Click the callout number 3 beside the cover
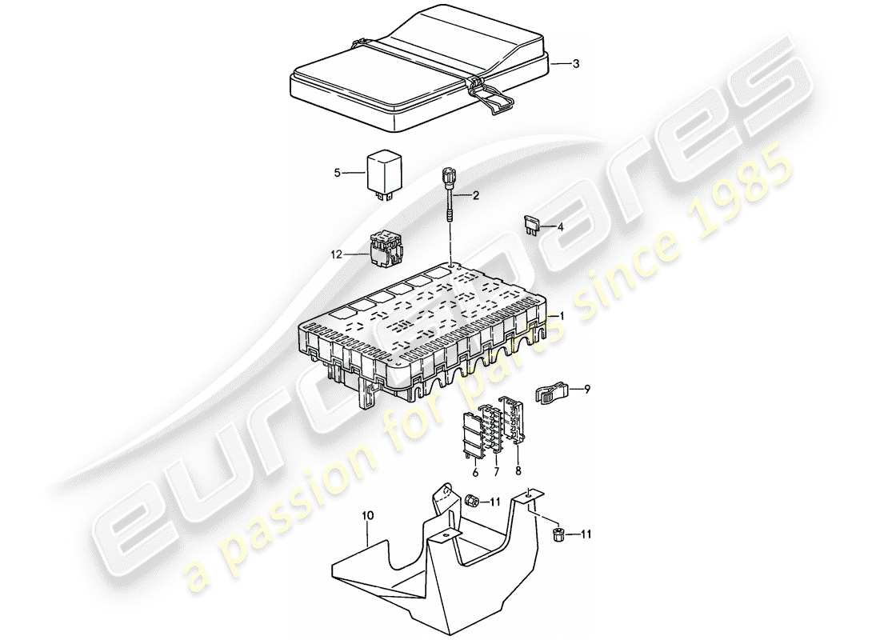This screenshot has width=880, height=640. point(575,64)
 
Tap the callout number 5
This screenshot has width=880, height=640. point(338,171)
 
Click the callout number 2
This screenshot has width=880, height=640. point(475,195)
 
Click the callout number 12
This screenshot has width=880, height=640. point(336,254)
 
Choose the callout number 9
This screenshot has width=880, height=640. point(586,390)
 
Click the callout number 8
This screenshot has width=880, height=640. point(517,473)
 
